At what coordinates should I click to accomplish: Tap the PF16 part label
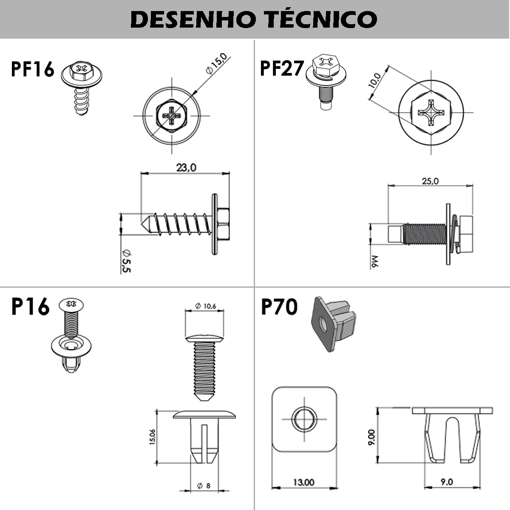pyautogui.click(x=33, y=69)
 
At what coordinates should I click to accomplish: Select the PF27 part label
pyautogui.click(x=282, y=68)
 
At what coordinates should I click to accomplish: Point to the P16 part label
pyautogui.click(x=31, y=306)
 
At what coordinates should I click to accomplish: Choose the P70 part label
pyautogui.click(x=280, y=306)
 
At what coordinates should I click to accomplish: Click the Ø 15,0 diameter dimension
pyautogui.click(x=216, y=64)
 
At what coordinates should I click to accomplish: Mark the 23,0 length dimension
pyautogui.click(x=186, y=167)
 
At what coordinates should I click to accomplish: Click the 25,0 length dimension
pyautogui.click(x=430, y=181)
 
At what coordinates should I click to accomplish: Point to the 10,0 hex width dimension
pyautogui.click(x=374, y=80)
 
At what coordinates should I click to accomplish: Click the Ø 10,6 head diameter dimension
pyautogui.click(x=205, y=306)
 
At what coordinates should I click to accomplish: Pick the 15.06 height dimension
pyautogui.click(x=153, y=437)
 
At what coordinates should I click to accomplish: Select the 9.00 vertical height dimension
pyautogui.click(x=371, y=437)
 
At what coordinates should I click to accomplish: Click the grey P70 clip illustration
pyautogui.click(x=334, y=324)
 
